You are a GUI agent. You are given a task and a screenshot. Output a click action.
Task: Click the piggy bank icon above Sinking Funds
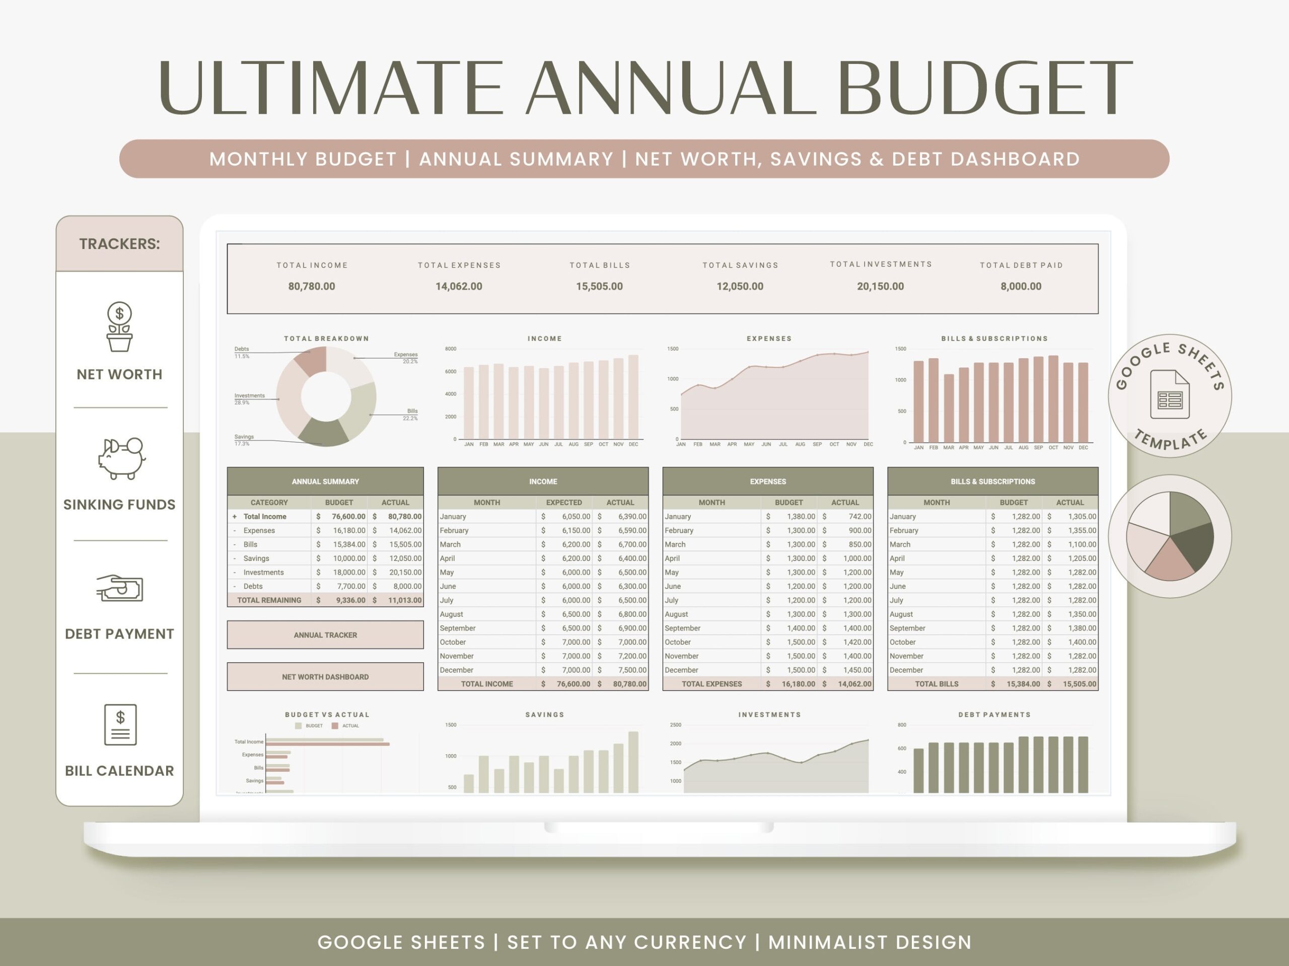(121, 458)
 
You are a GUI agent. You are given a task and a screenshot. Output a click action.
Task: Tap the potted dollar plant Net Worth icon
(119, 327)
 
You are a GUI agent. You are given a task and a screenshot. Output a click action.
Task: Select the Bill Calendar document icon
(120, 725)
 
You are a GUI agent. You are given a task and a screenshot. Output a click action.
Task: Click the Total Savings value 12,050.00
(740, 286)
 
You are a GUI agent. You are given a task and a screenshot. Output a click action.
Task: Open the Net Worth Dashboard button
(325, 677)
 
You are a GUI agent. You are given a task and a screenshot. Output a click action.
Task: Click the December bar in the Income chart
(633, 396)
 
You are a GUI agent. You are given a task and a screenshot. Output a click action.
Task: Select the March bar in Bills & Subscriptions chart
(949, 408)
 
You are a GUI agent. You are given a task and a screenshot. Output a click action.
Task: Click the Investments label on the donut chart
(249, 396)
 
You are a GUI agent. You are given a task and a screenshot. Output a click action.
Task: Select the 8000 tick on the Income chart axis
(451, 349)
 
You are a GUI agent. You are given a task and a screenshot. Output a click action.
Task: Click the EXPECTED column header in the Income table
(563, 502)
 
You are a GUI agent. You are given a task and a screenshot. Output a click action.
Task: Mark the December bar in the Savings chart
(633, 762)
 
